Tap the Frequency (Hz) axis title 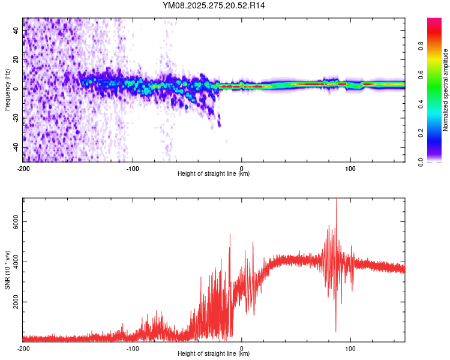click(x=7, y=90)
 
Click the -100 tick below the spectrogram click(x=133, y=168)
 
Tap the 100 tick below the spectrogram click(x=350, y=168)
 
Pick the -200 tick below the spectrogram click(x=24, y=168)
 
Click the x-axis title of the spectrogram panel click(x=214, y=174)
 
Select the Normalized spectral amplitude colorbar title click(x=445, y=90)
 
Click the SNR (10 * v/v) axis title click(x=7, y=270)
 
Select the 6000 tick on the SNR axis click(x=16, y=222)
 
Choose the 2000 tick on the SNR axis click(x=16, y=302)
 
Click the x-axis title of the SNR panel click(x=214, y=354)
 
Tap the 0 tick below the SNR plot click(x=242, y=348)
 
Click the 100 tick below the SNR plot click(x=350, y=348)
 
